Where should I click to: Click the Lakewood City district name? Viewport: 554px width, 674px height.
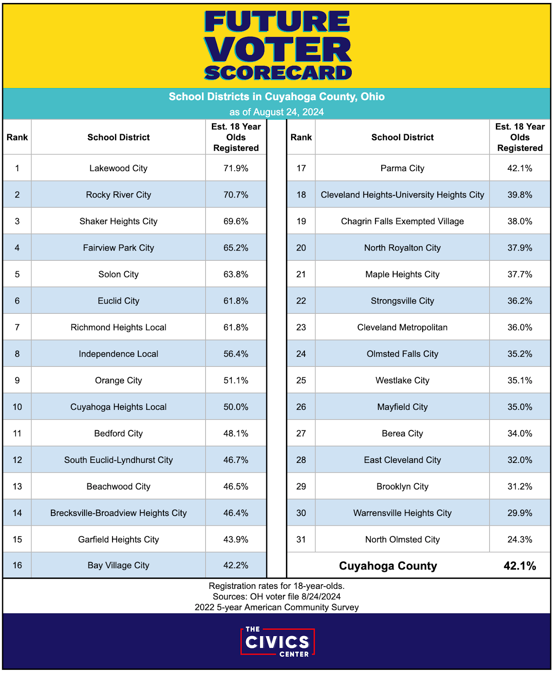118,168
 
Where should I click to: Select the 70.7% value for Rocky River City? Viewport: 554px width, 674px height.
236,195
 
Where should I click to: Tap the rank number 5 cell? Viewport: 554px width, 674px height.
17,274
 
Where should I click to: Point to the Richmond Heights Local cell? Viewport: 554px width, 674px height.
118,327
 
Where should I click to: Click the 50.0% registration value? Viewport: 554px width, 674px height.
236,407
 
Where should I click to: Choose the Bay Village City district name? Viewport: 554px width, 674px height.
118,565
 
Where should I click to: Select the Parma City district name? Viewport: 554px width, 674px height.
402,168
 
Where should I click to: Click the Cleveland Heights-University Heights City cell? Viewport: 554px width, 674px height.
402,195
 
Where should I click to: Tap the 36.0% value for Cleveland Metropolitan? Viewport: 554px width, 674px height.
519,327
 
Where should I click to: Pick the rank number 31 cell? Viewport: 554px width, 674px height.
301,539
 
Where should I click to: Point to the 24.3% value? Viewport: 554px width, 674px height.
519,539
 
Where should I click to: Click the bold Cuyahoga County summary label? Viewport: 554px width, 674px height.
388,566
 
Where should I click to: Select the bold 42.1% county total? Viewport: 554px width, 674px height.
519,566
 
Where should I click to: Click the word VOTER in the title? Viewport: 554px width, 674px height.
278,50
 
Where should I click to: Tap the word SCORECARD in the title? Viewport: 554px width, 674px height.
278,73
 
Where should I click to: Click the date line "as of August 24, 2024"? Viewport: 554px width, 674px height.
276,112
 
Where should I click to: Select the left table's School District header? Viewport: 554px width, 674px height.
118,137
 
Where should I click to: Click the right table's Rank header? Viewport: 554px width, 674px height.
301,137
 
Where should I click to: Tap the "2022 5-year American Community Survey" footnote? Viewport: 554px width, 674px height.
276,607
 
